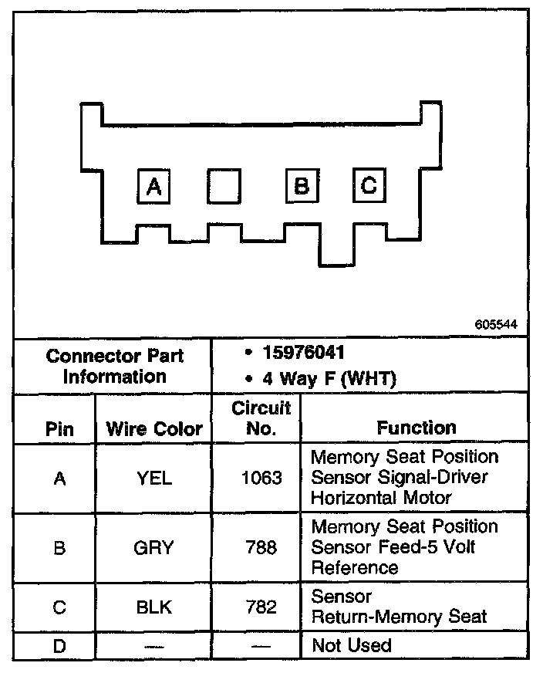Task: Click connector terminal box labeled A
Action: pyautogui.click(x=154, y=187)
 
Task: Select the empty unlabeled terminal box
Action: pyautogui.click(x=224, y=187)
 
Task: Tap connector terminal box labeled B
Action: pyautogui.click(x=302, y=186)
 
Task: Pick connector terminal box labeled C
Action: pyautogui.click(x=369, y=185)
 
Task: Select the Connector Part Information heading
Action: pyautogui.click(x=115, y=366)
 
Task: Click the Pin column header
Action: pyautogui.click(x=59, y=428)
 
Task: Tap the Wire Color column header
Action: pyautogui.click(x=154, y=428)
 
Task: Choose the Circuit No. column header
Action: pyautogui.click(x=261, y=418)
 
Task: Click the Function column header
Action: pyautogui.click(x=416, y=428)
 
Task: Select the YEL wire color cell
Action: pyautogui.click(x=154, y=479)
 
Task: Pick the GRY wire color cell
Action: pyautogui.click(x=154, y=547)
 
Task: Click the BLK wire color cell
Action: pyautogui.click(x=154, y=607)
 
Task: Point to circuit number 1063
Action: pyautogui.click(x=261, y=479)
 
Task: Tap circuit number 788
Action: pyautogui.click(x=261, y=547)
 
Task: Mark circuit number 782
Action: pyautogui.click(x=261, y=607)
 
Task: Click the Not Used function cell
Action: pyautogui.click(x=351, y=645)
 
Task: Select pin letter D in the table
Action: pyautogui.click(x=59, y=645)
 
